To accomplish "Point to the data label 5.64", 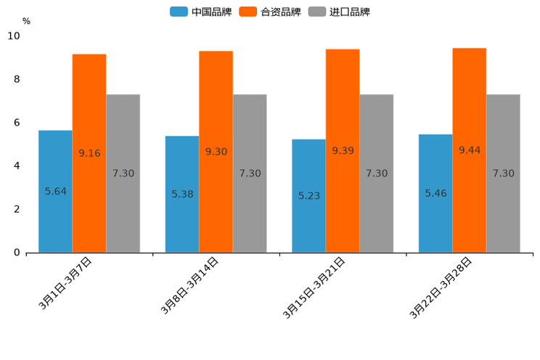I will click(x=56, y=192).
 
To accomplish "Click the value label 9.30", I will click(x=216, y=152).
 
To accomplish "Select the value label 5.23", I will click(x=309, y=196).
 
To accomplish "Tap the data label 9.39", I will click(x=343, y=150).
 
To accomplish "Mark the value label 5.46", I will click(x=436, y=193).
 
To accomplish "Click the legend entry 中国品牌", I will click(x=201, y=12).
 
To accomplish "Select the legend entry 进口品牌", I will click(x=339, y=12).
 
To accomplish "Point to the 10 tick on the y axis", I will click(x=14, y=36).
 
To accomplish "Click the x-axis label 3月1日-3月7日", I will click(x=65, y=284).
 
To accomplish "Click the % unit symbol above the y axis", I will click(x=26, y=21).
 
